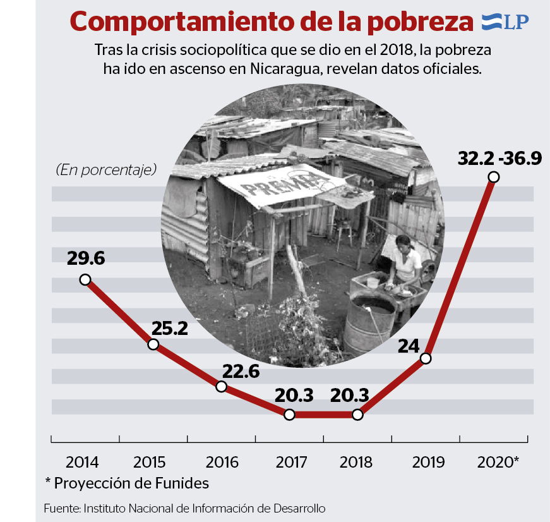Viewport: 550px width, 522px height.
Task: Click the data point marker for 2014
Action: pyautogui.click(x=85, y=279)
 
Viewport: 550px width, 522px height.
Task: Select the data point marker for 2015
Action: pyautogui.click(x=153, y=344)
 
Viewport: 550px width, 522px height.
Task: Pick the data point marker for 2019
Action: pyautogui.click(x=426, y=358)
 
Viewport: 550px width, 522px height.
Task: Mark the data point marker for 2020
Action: pyautogui.click(x=494, y=178)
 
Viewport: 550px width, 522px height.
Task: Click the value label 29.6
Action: pyautogui.click(x=85, y=258)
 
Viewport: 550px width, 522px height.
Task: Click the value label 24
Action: pyautogui.click(x=409, y=346)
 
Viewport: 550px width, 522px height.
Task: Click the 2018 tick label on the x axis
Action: pyautogui.click(x=356, y=462)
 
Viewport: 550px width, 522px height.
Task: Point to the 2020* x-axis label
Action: pyautogui.click(x=498, y=462)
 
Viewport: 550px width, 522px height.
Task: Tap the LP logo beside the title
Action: pyautogui.click(x=505, y=21)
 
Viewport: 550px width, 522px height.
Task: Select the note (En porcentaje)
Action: pyautogui.click(x=105, y=169)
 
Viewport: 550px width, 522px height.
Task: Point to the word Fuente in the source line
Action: pyautogui.click(x=61, y=508)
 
